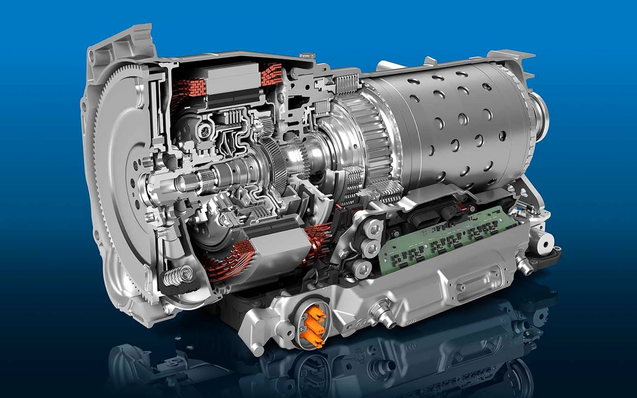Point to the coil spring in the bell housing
[174, 276]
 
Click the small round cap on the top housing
[308, 56]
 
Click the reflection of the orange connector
[312, 373]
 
